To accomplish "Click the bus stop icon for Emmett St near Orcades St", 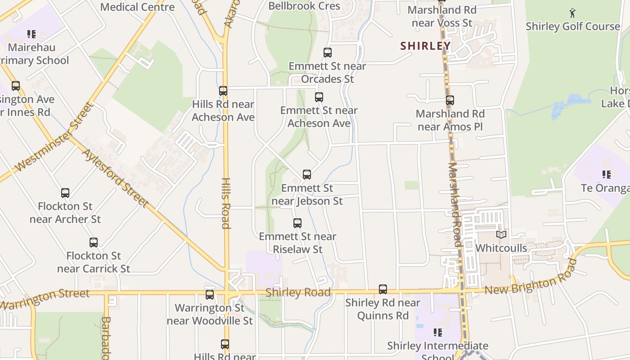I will [328, 53].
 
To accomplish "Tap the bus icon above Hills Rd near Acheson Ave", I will [223, 91].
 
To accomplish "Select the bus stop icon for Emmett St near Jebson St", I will [307, 175].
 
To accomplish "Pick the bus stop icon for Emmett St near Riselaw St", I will [297, 223].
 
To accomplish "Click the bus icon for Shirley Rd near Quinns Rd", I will [383, 289].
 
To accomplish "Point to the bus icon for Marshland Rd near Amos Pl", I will [450, 100].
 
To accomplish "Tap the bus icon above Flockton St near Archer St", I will [65, 193].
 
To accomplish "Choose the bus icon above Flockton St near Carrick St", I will [94, 243].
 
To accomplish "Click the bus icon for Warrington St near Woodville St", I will [210, 295].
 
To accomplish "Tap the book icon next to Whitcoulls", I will [501, 234].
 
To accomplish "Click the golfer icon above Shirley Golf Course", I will [572, 13].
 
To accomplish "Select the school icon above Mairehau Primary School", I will [31, 34].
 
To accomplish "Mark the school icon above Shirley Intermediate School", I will [437, 333].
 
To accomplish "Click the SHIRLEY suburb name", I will [425, 46].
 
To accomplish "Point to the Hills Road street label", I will [226, 203].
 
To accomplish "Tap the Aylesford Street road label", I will [115, 178].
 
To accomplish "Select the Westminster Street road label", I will [54, 138].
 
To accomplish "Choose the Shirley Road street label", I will [298, 292].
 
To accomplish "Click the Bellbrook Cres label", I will [304, 6].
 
